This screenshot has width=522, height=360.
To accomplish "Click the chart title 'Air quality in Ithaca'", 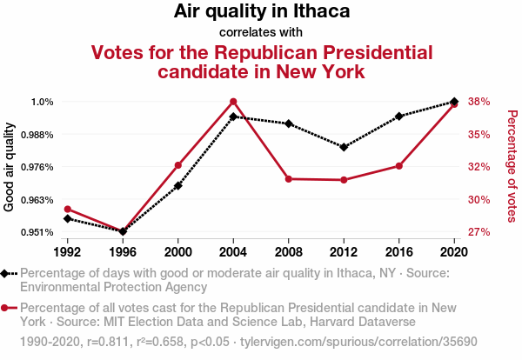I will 261,11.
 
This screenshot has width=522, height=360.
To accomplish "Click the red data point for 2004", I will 233,102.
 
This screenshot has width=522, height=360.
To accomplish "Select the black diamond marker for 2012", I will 344,147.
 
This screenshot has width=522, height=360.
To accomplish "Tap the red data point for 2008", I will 289,179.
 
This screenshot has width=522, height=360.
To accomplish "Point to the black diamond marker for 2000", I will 178,185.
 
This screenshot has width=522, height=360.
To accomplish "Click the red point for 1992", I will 68,209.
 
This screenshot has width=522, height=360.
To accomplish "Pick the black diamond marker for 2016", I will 398,116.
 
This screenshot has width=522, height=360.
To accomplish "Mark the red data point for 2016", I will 398,165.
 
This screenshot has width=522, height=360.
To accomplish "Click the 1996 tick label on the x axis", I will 123,251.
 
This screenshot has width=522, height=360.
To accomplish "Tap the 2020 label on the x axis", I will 453,251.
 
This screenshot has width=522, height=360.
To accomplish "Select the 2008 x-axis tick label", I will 288,251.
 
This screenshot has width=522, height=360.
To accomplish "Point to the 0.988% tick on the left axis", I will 38,135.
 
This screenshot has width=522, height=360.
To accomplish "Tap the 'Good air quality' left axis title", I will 10,167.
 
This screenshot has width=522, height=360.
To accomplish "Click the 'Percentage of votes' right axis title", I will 512,166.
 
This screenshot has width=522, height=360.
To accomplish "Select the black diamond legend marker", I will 7,273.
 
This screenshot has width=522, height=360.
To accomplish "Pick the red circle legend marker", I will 7,308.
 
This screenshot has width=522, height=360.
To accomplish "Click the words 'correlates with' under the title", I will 261,32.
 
